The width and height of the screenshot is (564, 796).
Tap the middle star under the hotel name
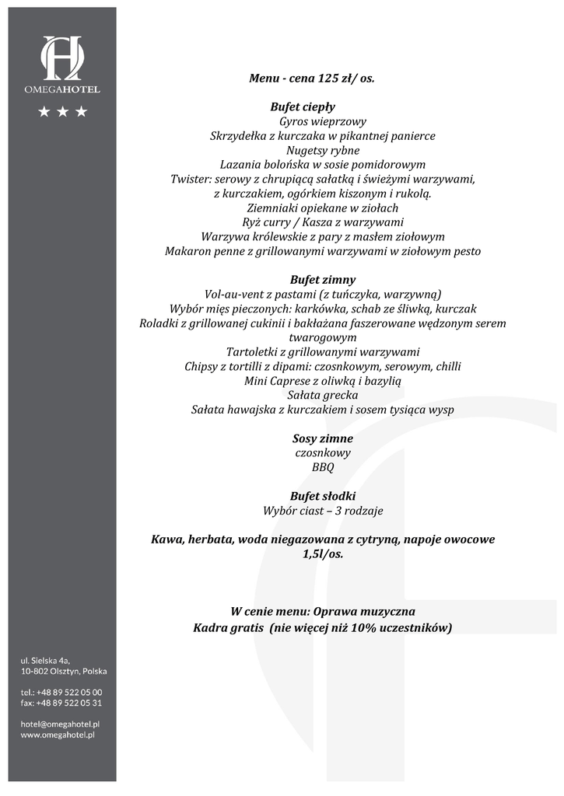[x=62, y=113]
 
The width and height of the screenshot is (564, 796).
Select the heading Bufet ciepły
[x=303, y=107]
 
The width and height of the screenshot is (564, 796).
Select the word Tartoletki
[x=253, y=352]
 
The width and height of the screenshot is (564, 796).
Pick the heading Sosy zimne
[x=322, y=438]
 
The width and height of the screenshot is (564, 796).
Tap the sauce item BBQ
[x=323, y=468]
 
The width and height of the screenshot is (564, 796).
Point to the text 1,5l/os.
[x=322, y=554]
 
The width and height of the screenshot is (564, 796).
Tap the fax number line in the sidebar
[x=61, y=703]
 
